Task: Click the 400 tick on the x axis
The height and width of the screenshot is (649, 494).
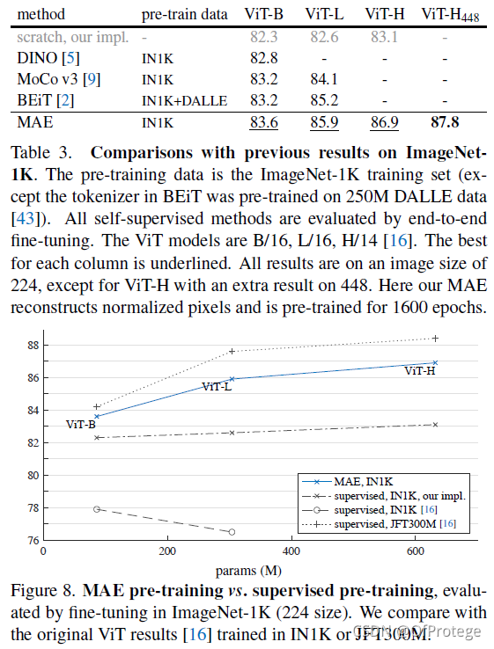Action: [x=291, y=551]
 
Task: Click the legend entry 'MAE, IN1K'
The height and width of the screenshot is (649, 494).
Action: [x=358, y=482]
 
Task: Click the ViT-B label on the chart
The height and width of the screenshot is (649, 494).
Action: [x=81, y=425]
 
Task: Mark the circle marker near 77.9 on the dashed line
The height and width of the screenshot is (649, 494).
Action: [x=97, y=508]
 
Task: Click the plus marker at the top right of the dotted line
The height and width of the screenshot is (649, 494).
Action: [x=435, y=339]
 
